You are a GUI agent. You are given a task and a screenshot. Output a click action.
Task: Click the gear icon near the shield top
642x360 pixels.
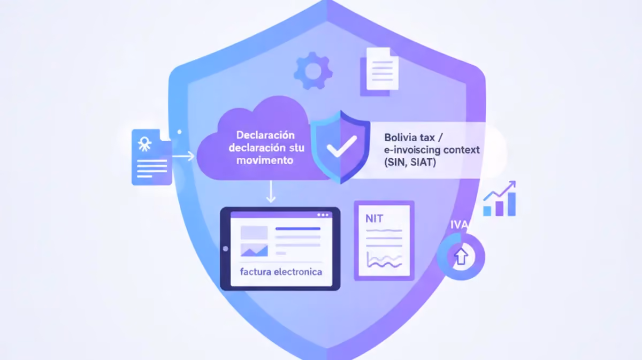(313, 71)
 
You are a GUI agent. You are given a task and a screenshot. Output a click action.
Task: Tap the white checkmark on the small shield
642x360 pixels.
(342, 146)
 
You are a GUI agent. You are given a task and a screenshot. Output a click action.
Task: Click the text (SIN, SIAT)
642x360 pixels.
(410, 163)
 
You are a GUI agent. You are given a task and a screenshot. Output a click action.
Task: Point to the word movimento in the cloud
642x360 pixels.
(264, 160)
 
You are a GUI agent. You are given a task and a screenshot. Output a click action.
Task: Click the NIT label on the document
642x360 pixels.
(374, 219)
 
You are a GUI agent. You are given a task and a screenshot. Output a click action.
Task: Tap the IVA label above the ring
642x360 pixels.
(459, 225)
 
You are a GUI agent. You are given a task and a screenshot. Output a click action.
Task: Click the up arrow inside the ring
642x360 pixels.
(461, 256)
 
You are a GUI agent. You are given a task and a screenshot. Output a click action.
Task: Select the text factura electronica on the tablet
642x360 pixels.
(281, 272)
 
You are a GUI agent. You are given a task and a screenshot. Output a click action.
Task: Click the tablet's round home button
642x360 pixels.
(226, 249)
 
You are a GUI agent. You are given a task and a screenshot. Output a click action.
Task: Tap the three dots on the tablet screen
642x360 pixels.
(323, 215)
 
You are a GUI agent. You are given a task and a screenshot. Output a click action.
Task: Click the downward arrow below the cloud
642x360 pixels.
(271, 192)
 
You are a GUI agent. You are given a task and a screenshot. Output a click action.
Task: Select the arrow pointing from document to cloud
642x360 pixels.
(184, 157)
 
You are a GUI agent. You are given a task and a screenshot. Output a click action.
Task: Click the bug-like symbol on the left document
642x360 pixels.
(144, 143)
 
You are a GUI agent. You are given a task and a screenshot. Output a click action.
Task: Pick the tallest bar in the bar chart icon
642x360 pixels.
(511, 204)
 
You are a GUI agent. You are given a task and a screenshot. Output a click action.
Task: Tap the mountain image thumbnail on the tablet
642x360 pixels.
(254, 250)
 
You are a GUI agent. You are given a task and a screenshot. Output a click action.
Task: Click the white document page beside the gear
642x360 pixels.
(383, 69)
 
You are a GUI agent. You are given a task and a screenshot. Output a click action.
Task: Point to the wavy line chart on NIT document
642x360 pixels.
(384, 260)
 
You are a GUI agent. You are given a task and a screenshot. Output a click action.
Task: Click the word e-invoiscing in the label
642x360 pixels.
(411, 150)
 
